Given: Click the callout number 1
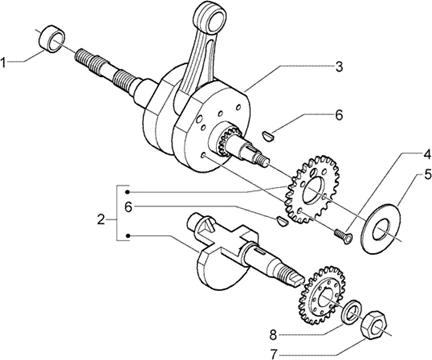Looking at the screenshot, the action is (4, 62).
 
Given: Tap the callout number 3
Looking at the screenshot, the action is (339, 66).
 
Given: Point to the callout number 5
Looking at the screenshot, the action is (427, 175).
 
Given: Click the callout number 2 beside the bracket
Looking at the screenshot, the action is (101, 220).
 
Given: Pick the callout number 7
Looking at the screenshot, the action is (274, 354).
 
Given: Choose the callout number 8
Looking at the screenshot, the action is (273, 335).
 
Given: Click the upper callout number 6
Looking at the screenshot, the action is (338, 115).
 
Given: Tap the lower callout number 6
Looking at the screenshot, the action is (128, 207).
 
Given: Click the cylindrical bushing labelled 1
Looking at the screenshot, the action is (52, 39).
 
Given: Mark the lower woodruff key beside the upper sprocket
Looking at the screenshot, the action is (283, 221).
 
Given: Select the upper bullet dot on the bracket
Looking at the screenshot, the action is (128, 192).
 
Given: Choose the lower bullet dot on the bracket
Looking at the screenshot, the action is (128, 236).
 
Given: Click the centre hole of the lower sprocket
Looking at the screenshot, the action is (328, 297).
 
